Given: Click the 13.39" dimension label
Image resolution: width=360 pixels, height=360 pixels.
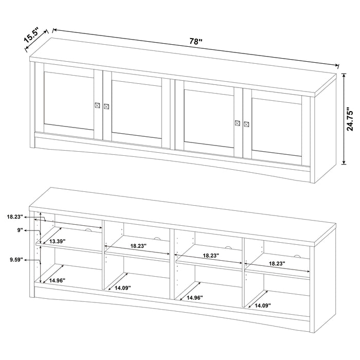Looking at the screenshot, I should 58,241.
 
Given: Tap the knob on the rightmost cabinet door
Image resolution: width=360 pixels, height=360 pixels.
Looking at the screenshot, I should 246,123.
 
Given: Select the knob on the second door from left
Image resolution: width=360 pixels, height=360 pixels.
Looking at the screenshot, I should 106,106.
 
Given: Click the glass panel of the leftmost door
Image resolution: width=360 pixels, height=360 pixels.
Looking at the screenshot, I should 68,101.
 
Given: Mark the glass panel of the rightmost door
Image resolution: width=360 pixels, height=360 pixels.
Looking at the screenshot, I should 277,123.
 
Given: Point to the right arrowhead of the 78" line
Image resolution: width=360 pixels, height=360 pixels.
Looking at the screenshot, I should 338,65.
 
